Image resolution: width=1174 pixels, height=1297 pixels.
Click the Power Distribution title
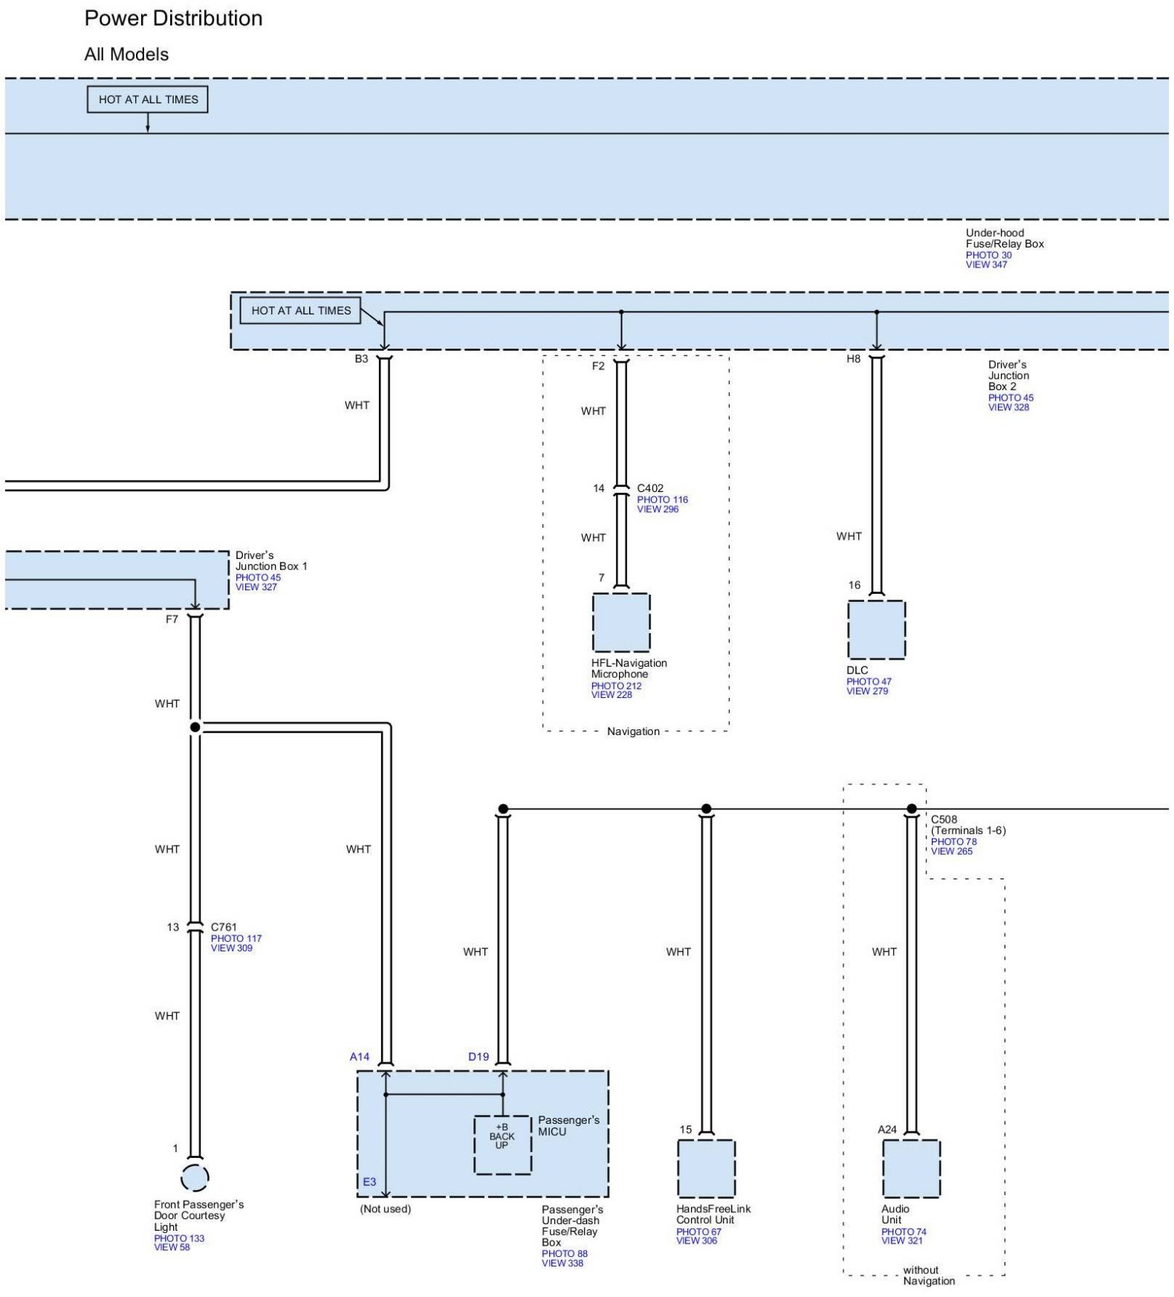pos(173,18)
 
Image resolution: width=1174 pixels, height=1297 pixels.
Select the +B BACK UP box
pos(502,1145)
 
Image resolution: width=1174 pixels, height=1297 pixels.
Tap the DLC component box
pos(876,630)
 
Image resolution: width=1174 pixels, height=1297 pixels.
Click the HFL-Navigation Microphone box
pos(621,622)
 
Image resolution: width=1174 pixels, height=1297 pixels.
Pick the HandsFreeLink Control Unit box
pos(706,1168)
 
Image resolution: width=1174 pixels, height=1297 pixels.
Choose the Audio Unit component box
pos(911,1168)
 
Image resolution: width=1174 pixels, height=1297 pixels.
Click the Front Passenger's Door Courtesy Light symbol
pos(195,1177)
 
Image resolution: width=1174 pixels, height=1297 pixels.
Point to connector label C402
pos(650,488)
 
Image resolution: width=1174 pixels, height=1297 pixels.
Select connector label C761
pos(224,927)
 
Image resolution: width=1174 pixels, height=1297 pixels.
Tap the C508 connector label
pos(944,819)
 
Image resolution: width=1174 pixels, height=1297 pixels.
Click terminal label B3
pos(361,358)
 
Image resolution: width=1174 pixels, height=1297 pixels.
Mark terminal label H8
pos(854,358)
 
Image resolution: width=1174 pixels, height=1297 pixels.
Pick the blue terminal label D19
pos(479,1056)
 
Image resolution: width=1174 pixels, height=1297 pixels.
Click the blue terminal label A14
pos(360,1056)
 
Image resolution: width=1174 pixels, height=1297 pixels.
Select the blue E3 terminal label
pos(369,1181)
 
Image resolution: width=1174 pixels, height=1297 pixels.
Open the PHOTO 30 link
pos(988,255)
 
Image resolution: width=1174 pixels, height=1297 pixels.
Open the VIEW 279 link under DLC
pos(867,691)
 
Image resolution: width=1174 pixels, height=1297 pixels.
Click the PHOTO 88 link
pos(565,1253)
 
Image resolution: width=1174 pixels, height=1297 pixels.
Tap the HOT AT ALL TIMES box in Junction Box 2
pos(301,311)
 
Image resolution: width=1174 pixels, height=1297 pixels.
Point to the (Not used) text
pos(386,1209)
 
